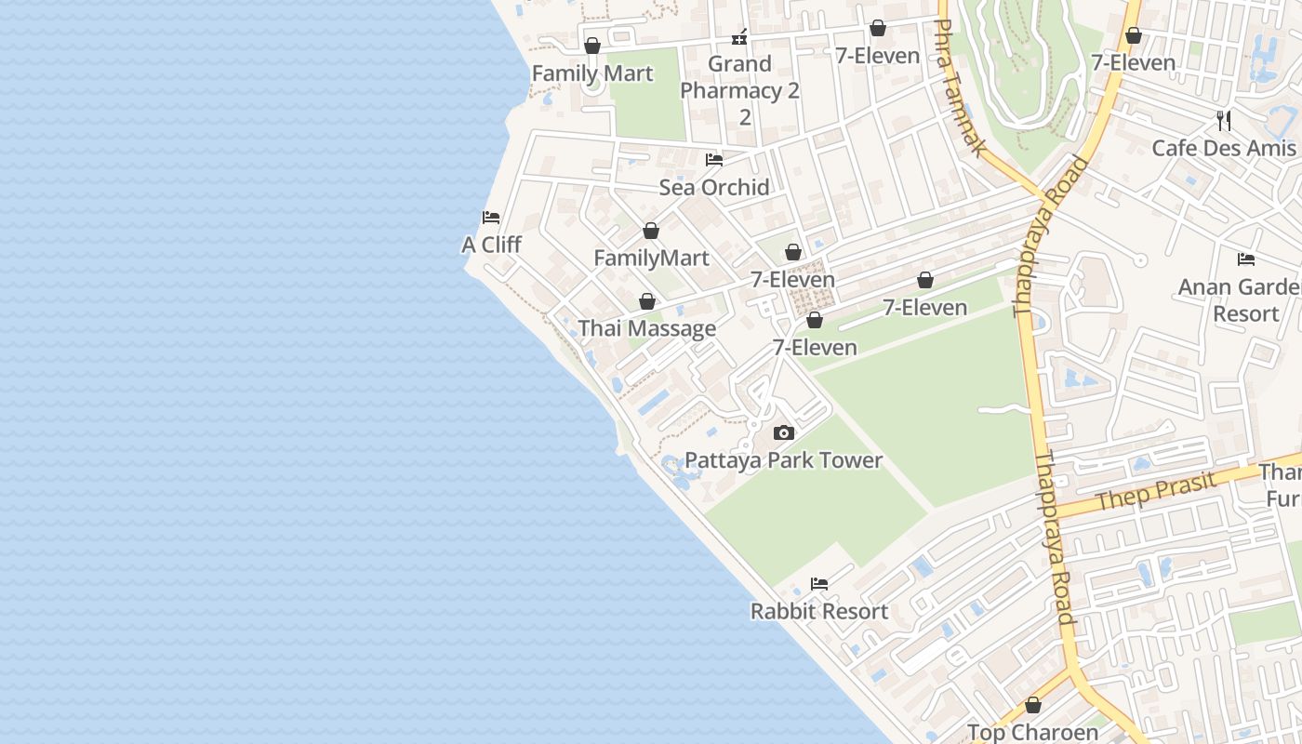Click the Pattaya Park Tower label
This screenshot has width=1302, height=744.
click(x=783, y=460)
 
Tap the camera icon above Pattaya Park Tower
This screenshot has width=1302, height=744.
click(x=784, y=432)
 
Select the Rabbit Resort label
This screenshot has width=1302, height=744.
click(x=819, y=611)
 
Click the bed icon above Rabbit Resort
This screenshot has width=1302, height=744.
click(x=819, y=584)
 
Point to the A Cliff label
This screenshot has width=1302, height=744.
click(x=491, y=245)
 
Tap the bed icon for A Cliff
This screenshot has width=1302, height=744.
click(x=491, y=218)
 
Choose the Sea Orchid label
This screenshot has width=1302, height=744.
click(x=714, y=187)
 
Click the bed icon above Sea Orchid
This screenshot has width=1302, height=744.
click(x=714, y=160)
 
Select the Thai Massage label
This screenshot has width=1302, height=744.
click(x=647, y=328)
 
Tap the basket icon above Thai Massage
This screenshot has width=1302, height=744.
click(x=647, y=301)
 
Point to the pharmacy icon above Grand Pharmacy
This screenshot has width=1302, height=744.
click(x=740, y=37)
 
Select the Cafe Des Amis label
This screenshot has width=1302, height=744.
click(x=1224, y=148)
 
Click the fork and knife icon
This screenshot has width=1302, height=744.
click(x=1224, y=120)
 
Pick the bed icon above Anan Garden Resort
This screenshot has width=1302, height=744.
click(x=1246, y=259)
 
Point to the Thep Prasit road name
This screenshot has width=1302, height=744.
click(x=1155, y=491)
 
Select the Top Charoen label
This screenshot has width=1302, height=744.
click(x=1032, y=732)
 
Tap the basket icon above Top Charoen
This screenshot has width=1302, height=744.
click(x=1032, y=706)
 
